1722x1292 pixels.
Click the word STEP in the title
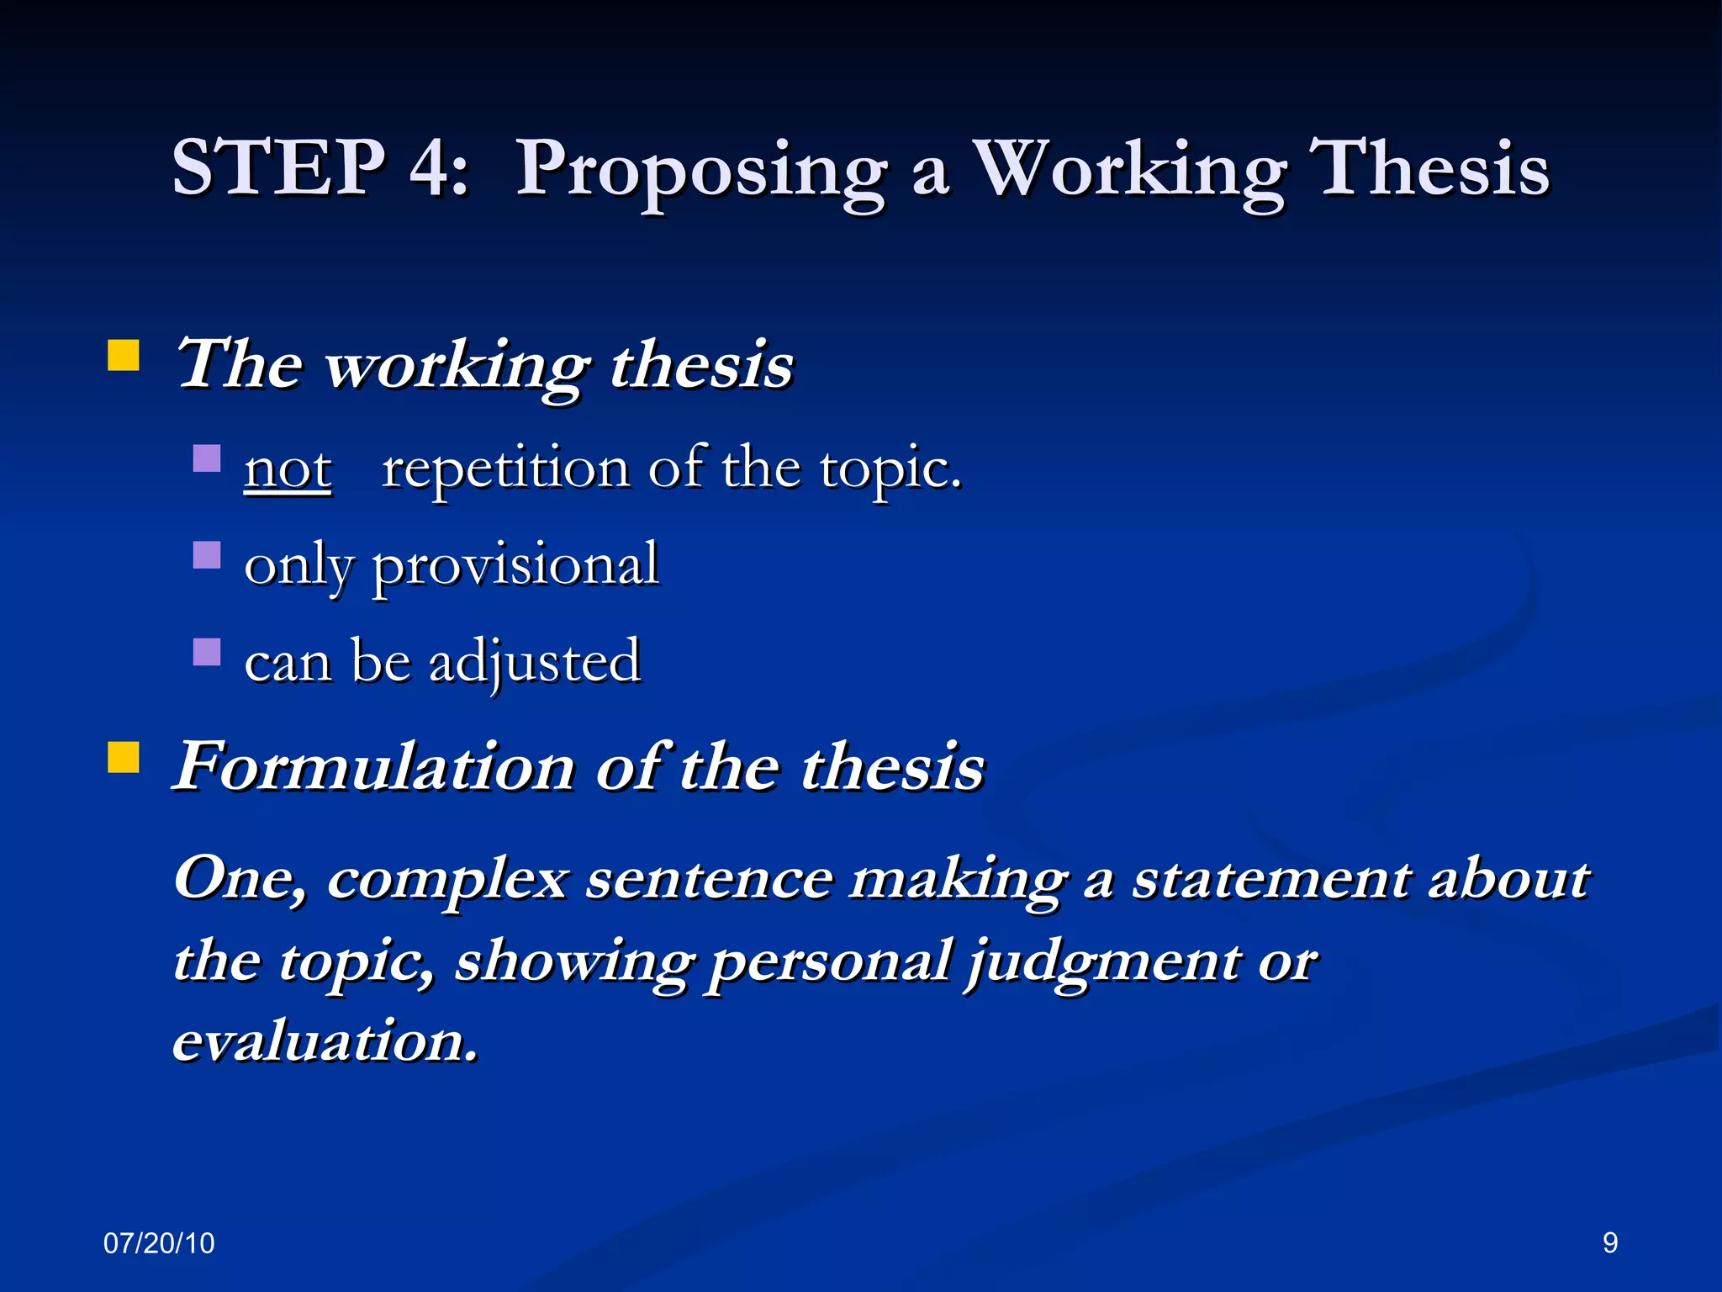(278, 168)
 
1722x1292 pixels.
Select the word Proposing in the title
(700, 172)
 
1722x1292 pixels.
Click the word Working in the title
(1128, 172)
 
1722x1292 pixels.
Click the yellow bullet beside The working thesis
(124, 356)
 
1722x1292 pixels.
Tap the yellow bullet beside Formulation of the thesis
(124, 757)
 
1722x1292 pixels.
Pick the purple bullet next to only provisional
(207, 555)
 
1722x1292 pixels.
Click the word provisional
(515, 567)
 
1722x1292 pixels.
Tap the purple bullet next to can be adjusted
(207, 652)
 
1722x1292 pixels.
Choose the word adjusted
(535, 663)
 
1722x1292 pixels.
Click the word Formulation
(374, 767)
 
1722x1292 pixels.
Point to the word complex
(446, 882)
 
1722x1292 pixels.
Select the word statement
(1271, 880)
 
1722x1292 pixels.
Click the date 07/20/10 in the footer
(159, 1243)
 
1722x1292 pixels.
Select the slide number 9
(1609, 1243)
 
